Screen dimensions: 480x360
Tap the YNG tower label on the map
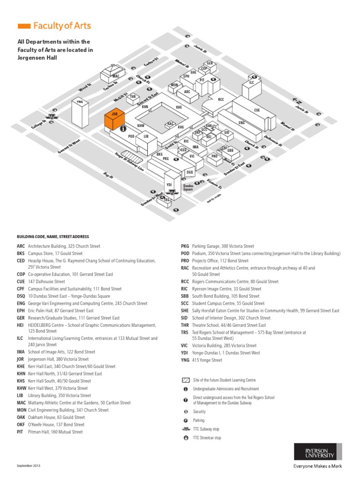tap(79, 102)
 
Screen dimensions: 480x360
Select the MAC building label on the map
tap(115, 76)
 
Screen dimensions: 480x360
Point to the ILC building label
tap(251, 82)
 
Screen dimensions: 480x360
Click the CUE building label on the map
tap(257, 110)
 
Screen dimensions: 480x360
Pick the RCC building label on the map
tap(221, 99)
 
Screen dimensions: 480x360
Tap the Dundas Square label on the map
tap(188, 188)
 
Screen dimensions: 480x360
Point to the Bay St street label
tap(108, 175)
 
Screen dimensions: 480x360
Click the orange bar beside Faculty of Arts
tap(24, 26)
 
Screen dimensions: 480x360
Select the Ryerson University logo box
tap(314, 451)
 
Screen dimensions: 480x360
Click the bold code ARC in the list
tap(21, 246)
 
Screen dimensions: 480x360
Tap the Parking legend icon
tap(186, 420)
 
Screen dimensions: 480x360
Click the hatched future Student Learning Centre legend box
tap(186, 380)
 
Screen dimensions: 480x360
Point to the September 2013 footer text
tap(29, 465)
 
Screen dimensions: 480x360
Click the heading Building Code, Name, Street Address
tap(53, 237)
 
